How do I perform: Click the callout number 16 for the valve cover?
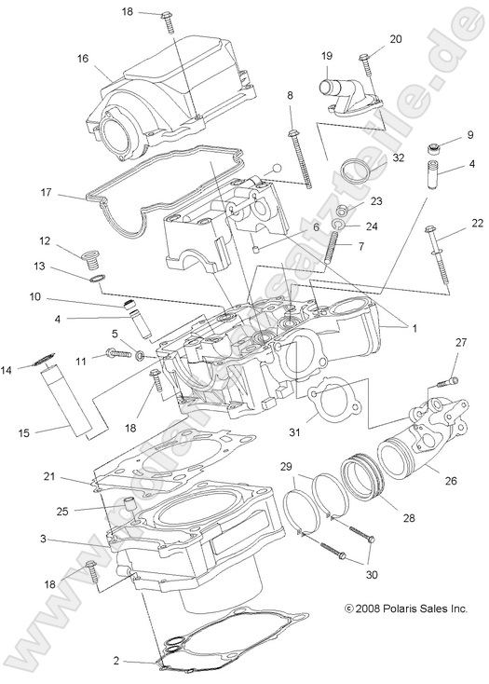(x=83, y=58)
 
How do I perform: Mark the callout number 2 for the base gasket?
(x=116, y=661)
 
